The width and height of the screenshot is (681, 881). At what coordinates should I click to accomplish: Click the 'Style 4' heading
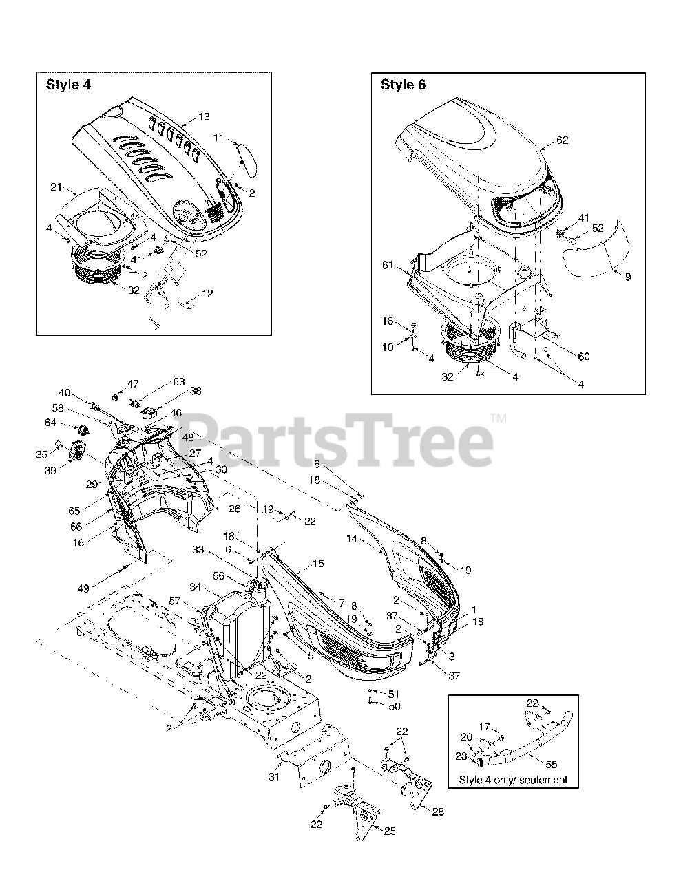pyautogui.click(x=68, y=85)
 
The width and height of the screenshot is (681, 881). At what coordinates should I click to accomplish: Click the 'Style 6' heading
pyautogui.click(x=404, y=85)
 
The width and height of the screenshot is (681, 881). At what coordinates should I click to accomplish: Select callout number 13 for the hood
pyautogui.click(x=204, y=117)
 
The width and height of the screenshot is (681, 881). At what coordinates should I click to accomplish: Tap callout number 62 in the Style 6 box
pyautogui.click(x=562, y=140)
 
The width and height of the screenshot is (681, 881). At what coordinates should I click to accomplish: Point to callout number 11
pyautogui.click(x=219, y=138)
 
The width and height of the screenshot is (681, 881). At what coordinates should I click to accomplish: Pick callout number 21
pyautogui.click(x=56, y=187)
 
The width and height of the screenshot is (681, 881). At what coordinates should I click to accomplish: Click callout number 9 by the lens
pyautogui.click(x=628, y=277)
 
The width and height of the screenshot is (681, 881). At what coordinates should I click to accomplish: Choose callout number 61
pyautogui.click(x=388, y=265)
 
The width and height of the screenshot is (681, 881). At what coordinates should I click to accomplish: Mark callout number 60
pyautogui.click(x=584, y=357)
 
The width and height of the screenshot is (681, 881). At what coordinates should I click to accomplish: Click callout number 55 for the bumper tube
pyautogui.click(x=552, y=764)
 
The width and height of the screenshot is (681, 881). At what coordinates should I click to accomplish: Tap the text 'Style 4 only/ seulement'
pyautogui.click(x=513, y=780)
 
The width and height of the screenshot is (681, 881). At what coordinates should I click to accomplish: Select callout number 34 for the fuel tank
pyautogui.click(x=196, y=586)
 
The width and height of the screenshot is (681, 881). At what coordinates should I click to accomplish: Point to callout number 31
pyautogui.click(x=274, y=776)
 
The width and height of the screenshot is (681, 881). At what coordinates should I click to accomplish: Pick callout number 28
pyautogui.click(x=438, y=811)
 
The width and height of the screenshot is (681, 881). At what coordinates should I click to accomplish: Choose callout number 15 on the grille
pyautogui.click(x=318, y=564)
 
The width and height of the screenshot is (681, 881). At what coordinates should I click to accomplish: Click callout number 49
pyautogui.click(x=83, y=588)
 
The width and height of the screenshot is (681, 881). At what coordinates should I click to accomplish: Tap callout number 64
pyautogui.click(x=50, y=423)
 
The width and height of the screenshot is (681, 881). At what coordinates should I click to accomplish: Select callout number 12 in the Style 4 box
pyautogui.click(x=207, y=293)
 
